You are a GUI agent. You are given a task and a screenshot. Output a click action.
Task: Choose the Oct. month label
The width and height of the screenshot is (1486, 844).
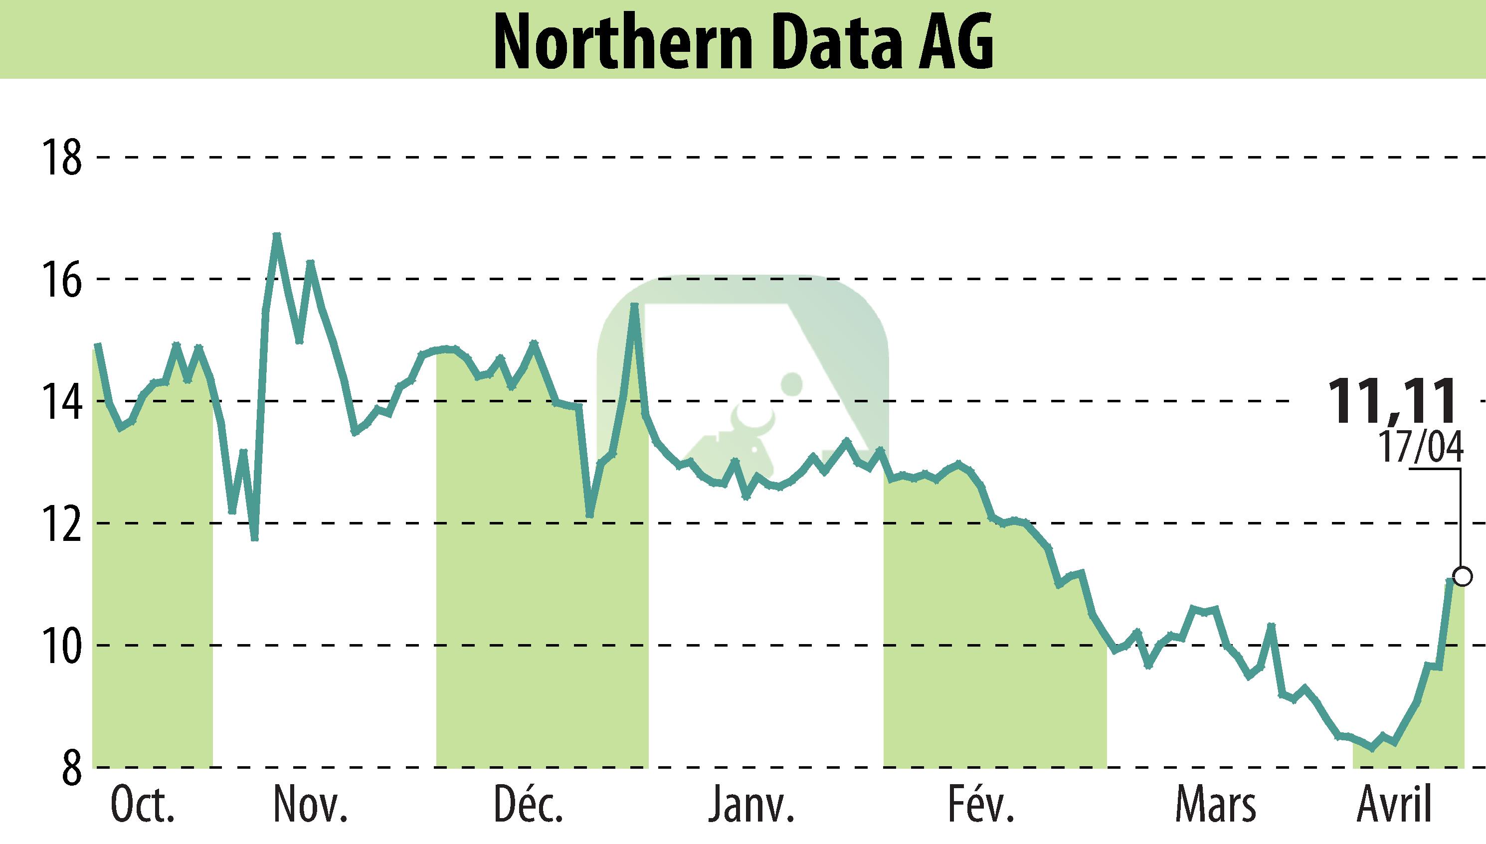pos(142,805)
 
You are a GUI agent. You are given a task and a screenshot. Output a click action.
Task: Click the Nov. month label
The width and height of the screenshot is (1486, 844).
pos(311,805)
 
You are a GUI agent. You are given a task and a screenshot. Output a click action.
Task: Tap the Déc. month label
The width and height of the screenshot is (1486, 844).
pos(528,805)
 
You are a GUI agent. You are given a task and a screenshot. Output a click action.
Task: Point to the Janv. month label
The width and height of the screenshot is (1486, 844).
pos(751,805)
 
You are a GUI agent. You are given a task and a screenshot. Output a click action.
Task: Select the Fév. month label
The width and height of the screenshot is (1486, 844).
pos(981,805)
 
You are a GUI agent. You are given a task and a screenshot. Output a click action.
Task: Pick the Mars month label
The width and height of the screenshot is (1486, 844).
pos(1215,805)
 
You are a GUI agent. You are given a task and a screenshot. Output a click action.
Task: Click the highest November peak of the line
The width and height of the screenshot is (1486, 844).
pos(277,235)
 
